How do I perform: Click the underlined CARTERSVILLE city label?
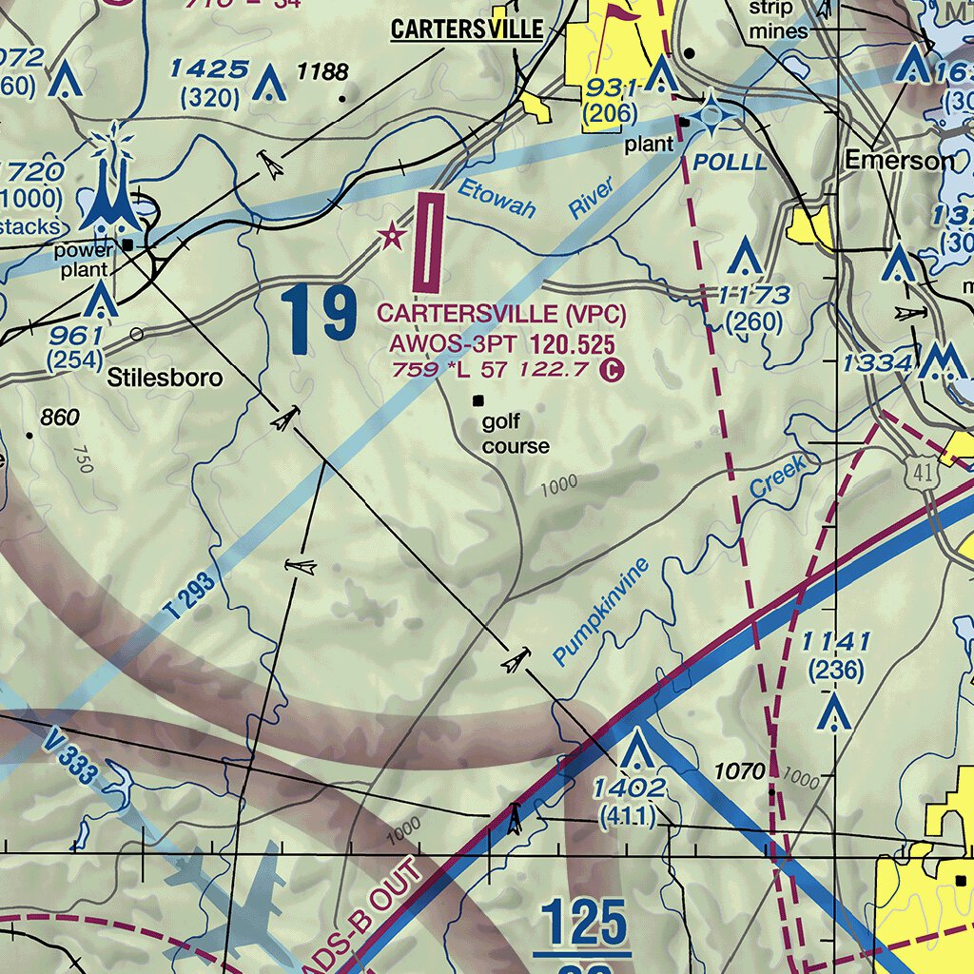[467, 29]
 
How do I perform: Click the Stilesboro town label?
[166, 378]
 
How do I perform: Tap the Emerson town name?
[900, 161]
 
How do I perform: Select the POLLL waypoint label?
[730, 162]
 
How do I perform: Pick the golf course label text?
[515, 434]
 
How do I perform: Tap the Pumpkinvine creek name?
[601, 611]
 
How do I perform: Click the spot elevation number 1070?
[739, 771]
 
